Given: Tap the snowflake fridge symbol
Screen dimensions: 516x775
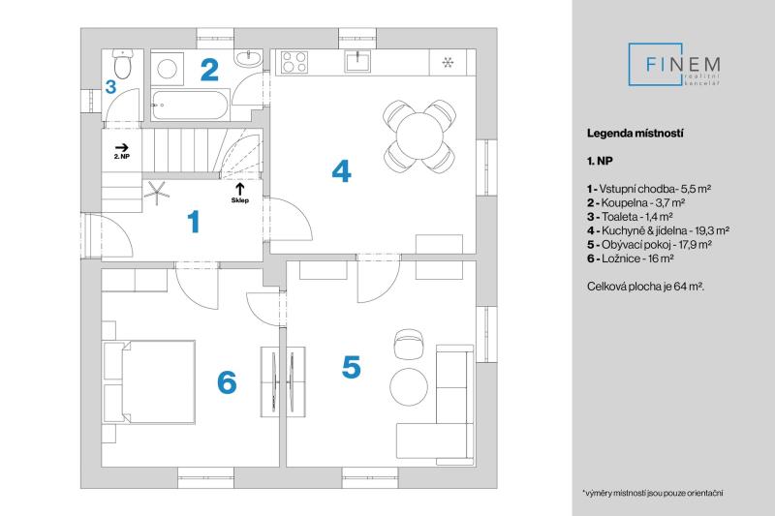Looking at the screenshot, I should (x=448, y=64).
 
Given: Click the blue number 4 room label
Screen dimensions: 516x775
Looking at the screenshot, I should (x=341, y=171).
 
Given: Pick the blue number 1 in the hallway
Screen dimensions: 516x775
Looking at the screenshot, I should (x=194, y=223).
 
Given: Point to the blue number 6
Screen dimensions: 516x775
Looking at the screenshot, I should (x=227, y=382).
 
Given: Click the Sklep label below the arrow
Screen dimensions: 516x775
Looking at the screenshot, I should (x=240, y=201).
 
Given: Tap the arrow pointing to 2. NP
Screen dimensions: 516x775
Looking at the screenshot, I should (x=122, y=143).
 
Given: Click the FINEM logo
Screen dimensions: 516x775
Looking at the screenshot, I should (x=681, y=67).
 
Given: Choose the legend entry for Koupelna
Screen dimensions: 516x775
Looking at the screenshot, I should (x=635, y=204).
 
